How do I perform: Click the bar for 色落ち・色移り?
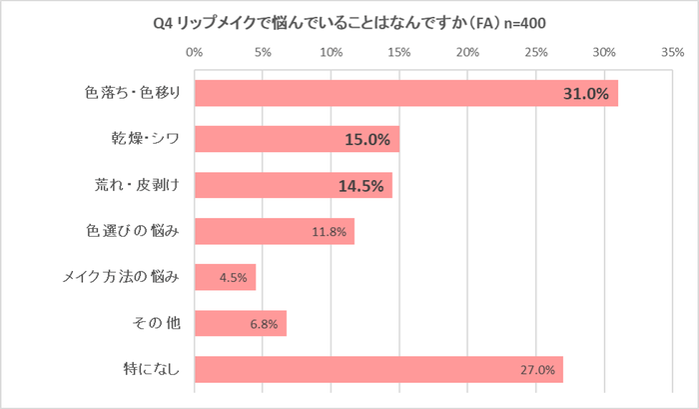[x=406, y=93]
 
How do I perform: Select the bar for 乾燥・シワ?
[x=297, y=139]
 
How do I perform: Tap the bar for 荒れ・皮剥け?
[x=294, y=185]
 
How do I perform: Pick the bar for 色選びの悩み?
[x=275, y=232]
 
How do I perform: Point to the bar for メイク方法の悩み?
[x=225, y=278]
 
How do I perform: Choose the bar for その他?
[x=241, y=324]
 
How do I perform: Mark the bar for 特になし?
[x=378, y=370]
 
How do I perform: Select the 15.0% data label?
[x=366, y=140]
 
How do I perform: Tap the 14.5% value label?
[x=360, y=186]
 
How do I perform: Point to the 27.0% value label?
[x=536, y=371]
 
